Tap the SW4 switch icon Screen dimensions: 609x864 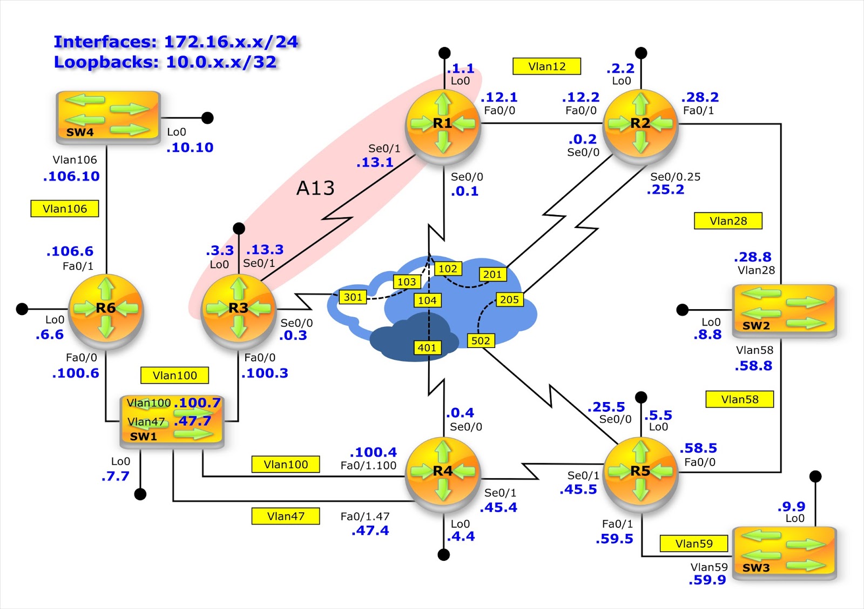point(108,117)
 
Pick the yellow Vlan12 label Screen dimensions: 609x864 point(546,66)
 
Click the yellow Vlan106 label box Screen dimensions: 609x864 point(65,209)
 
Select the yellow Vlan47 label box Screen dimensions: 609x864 point(285,516)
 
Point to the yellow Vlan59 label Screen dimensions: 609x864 point(693,544)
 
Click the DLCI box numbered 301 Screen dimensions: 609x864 point(353,297)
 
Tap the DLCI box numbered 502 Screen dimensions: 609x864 point(480,340)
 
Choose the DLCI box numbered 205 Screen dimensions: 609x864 point(509,299)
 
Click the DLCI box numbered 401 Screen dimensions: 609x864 point(427,347)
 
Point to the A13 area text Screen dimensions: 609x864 point(315,188)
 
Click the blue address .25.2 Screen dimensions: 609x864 point(665,190)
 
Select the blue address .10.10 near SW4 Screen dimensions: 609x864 point(190,148)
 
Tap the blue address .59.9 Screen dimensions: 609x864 point(707,580)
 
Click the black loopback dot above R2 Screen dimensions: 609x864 point(641,53)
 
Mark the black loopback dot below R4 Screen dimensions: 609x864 point(444,555)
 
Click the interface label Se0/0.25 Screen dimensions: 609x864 point(675,177)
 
